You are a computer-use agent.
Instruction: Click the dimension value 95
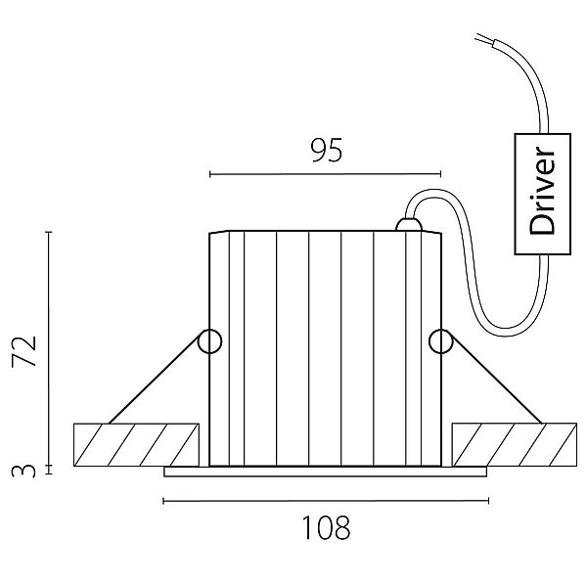tap(327, 150)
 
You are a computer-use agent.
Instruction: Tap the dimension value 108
tap(326, 527)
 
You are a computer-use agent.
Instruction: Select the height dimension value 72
tap(24, 351)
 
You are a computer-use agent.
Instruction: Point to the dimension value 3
tap(23, 471)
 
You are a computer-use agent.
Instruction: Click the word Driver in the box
tap(542, 191)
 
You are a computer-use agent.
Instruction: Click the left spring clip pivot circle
tap(209, 341)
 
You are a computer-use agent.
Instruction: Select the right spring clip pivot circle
tap(441, 341)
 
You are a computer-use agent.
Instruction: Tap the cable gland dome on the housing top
tap(409, 225)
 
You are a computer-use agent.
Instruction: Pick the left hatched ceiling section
tap(136, 445)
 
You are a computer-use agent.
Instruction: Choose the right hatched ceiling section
tap(515, 445)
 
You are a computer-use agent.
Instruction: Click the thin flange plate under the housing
tap(326, 472)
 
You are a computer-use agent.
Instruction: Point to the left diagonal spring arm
tap(155, 380)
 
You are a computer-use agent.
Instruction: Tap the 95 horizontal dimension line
tap(326, 174)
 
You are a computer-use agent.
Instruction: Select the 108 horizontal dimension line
tap(326, 501)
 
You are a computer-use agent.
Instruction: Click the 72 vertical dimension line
tap(49, 348)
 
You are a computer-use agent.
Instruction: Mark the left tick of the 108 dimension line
tap(163, 501)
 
